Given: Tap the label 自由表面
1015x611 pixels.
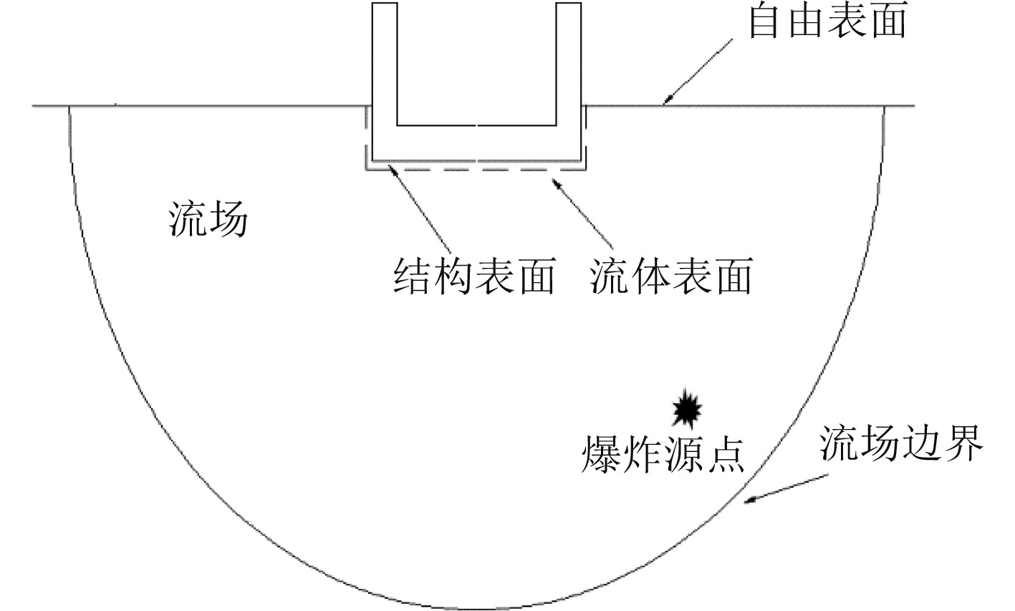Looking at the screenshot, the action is tap(827, 21).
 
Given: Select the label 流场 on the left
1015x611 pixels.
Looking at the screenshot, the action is tap(208, 218).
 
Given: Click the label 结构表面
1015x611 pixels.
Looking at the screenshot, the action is tap(474, 276).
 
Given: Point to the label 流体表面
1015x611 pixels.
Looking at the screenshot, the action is tap(671, 276).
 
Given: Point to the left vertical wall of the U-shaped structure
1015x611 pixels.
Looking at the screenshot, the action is tap(384, 64).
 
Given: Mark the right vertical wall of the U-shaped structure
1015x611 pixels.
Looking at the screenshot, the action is tap(569, 64).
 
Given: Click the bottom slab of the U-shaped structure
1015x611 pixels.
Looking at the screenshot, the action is tap(476, 143).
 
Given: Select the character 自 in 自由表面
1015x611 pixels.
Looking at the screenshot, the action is tap(767, 21).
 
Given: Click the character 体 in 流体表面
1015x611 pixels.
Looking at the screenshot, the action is tap(650, 276).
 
